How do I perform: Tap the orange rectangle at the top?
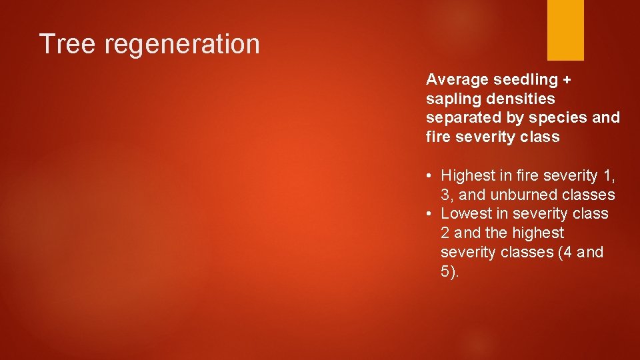(x=565, y=30)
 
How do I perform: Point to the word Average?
(x=457, y=80)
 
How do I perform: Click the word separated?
(x=460, y=118)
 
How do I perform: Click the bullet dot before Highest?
(x=431, y=176)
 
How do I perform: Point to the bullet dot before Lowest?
(x=431, y=214)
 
